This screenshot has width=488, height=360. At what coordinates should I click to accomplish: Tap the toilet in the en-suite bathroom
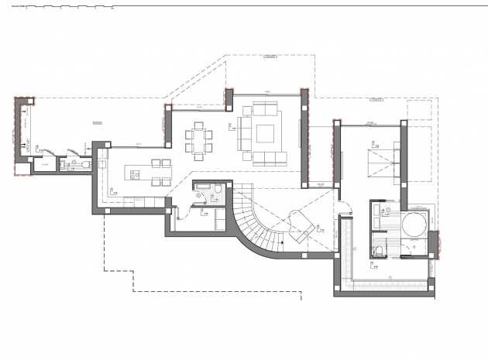point(378,249)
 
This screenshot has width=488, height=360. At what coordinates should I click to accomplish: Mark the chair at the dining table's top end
point(198,124)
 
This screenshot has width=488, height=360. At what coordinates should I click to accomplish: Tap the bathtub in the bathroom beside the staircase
point(204,187)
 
